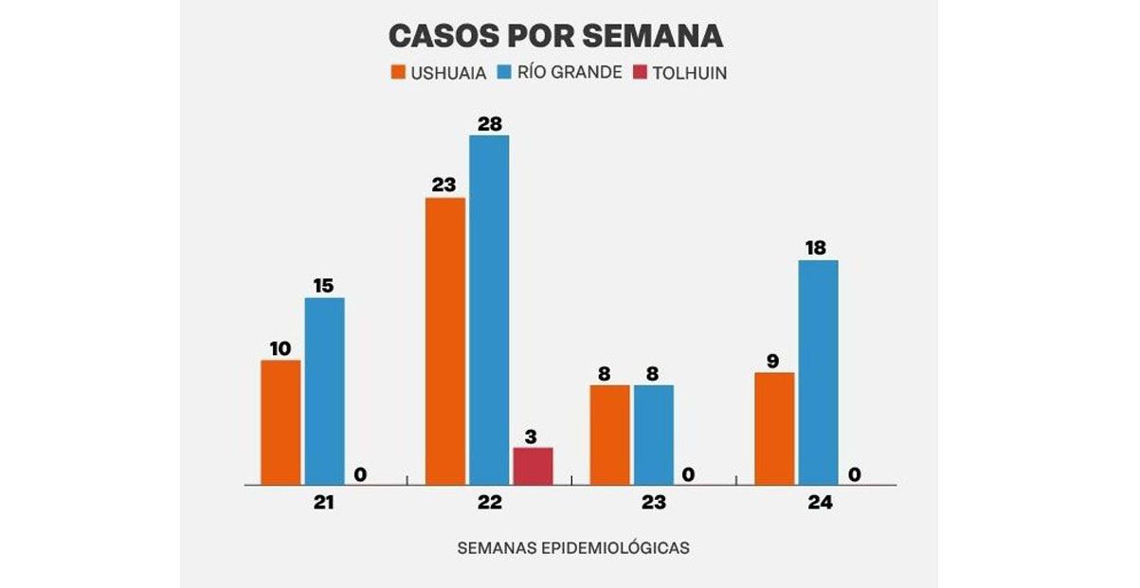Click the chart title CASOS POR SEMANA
pyautogui.click(x=555, y=35)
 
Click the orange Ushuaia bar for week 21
pyautogui.click(x=280, y=422)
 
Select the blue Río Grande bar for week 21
pyautogui.click(x=324, y=391)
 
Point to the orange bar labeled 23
pyautogui.click(x=445, y=341)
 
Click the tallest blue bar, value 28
pyautogui.click(x=489, y=310)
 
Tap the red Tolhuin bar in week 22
pyautogui.click(x=533, y=466)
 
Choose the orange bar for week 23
pyautogui.click(x=609, y=435)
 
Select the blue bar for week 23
pyautogui.click(x=654, y=435)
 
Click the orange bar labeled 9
pyautogui.click(x=774, y=428)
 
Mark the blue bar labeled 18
pyautogui.click(x=818, y=372)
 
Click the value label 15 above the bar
pyautogui.click(x=324, y=285)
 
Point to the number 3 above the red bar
pyautogui.click(x=531, y=437)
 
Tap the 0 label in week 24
pyautogui.click(x=855, y=474)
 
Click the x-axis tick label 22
pyautogui.click(x=489, y=503)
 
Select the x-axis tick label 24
pyautogui.click(x=820, y=503)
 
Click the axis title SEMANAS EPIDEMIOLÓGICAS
pyautogui.click(x=573, y=548)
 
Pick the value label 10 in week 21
pyautogui.click(x=280, y=347)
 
